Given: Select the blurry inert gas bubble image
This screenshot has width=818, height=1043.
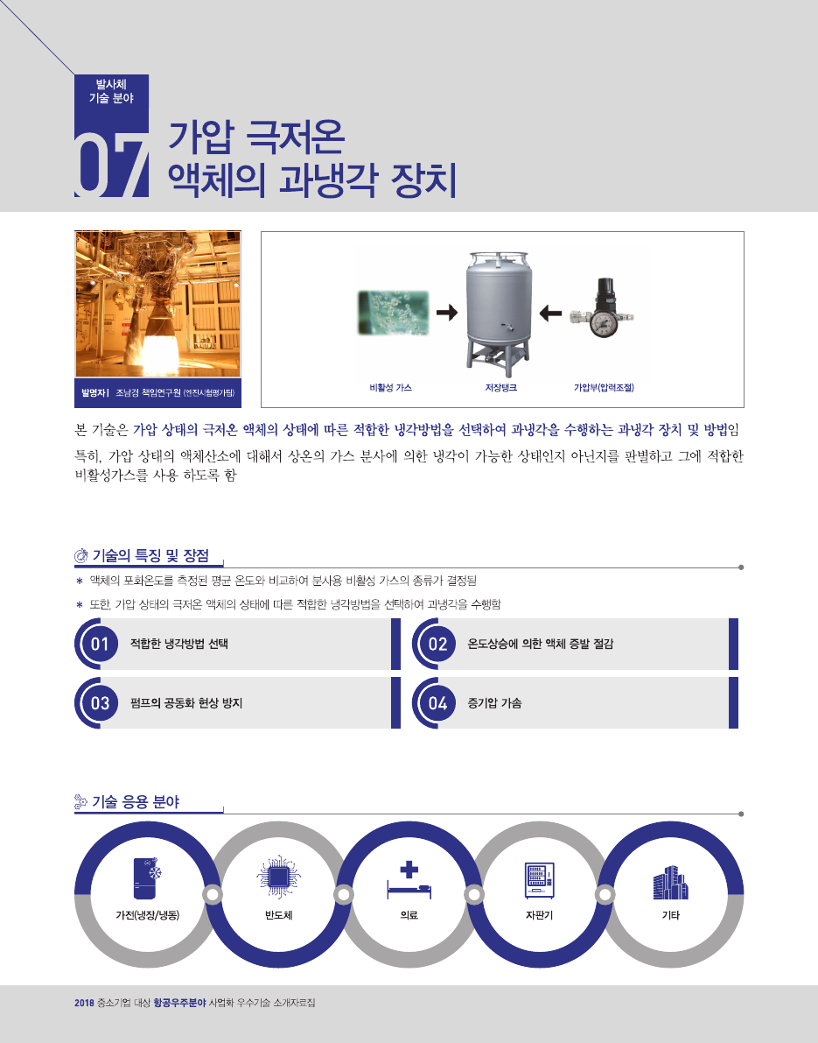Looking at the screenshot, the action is click(x=394, y=312).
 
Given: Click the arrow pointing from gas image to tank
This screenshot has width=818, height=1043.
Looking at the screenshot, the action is click(x=447, y=312).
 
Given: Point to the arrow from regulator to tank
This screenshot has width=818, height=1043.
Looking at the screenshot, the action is click(x=550, y=312).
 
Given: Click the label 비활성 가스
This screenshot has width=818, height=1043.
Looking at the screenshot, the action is click(x=391, y=387).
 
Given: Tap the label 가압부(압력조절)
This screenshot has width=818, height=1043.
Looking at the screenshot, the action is click(x=604, y=387).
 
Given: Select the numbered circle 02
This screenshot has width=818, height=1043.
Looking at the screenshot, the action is click(x=437, y=644).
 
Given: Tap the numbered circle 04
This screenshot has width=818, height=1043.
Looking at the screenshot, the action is click(x=437, y=703).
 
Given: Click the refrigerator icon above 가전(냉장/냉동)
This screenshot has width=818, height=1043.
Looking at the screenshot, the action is click(x=148, y=878).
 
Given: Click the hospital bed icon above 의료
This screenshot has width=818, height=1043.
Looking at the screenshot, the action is click(x=409, y=880).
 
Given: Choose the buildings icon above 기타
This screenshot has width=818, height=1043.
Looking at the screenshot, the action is click(x=670, y=883).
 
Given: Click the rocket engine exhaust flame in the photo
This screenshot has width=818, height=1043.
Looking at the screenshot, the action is click(x=159, y=351).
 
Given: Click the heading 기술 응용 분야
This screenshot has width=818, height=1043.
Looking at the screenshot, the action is click(x=136, y=801).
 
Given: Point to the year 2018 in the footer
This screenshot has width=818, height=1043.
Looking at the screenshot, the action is click(x=84, y=1003).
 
